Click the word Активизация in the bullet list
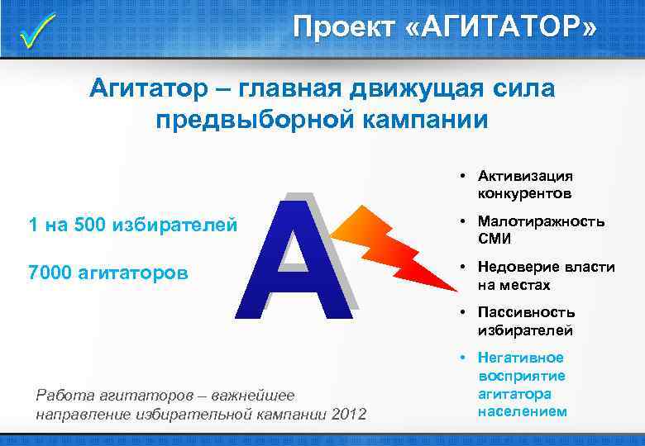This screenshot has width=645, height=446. coord(525,175)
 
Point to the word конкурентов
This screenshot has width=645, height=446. coord(523,193)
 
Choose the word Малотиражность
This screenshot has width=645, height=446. coord(541,221)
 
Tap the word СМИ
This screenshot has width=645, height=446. coord(494,240)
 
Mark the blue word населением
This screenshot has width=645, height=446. coord(523,411)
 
